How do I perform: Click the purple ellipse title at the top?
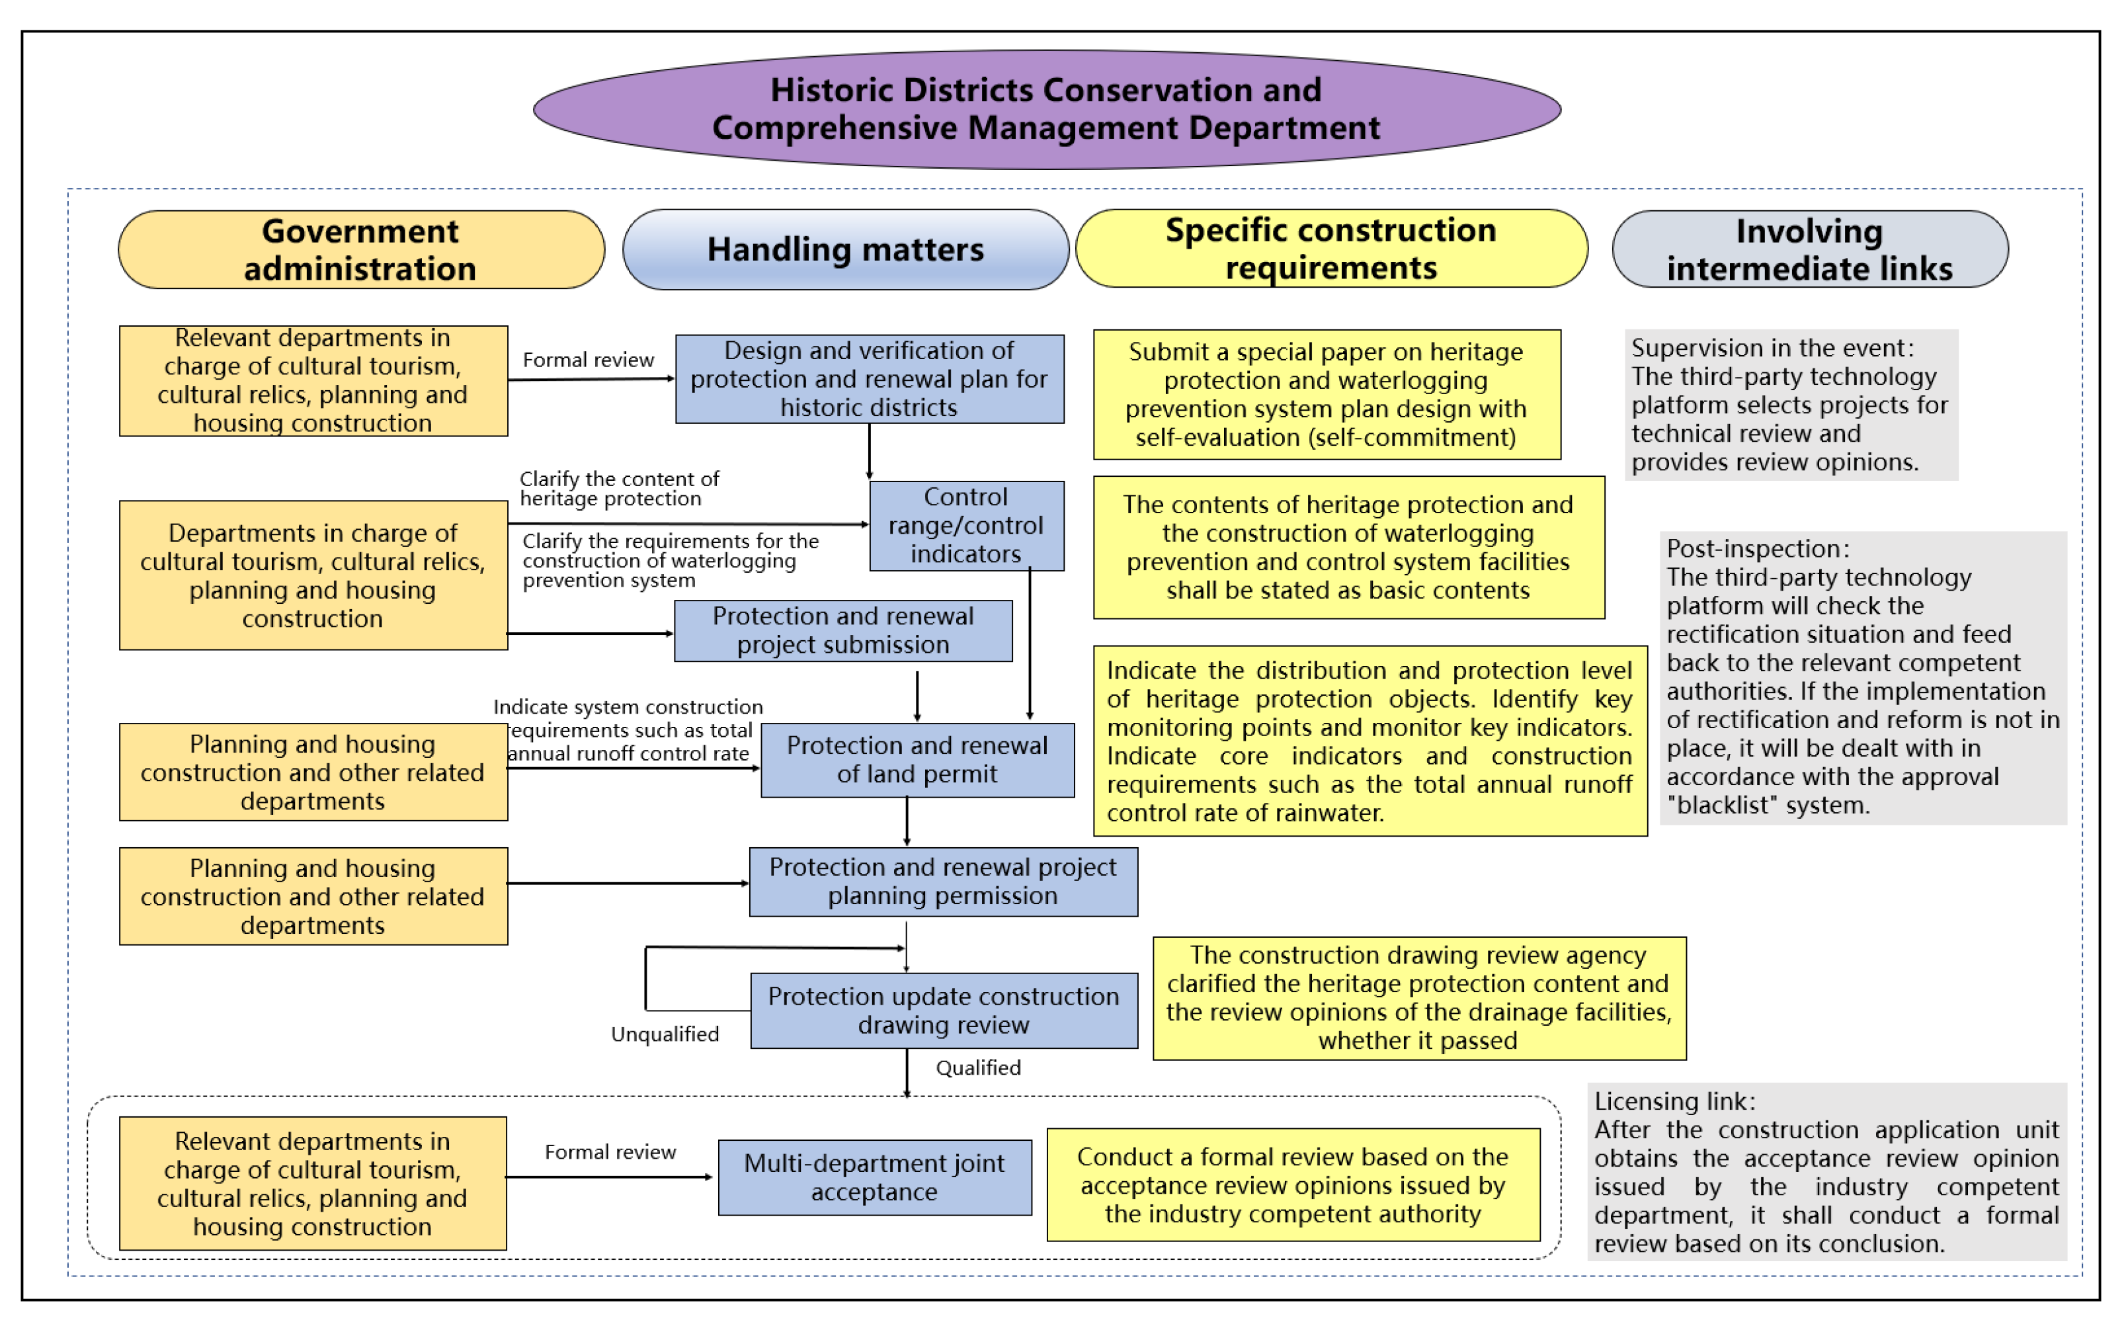(x=1046, y=109)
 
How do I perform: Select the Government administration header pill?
(x=361, y=249)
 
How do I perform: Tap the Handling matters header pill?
(x=845, y=249)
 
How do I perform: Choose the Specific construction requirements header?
(x=1330, y=249)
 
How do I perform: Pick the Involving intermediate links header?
(x=1809, y=249)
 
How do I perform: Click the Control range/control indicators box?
(x=966, y=525)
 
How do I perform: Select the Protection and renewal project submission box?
(x=842, y=631)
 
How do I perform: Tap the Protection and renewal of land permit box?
(x=917, y=760)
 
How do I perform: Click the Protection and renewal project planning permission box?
(x=942, y=881)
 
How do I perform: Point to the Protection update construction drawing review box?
(x=943, y=1010)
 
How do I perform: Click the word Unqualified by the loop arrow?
(x=665, y=1034)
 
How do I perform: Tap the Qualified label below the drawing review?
(x=977, y=1067)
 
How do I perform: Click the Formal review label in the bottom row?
(x=610, y=1151)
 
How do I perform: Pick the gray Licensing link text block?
(x=1826, y=1172)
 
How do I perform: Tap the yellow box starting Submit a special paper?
(x=1326, y=394)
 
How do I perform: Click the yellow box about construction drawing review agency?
(x=1418, y=998)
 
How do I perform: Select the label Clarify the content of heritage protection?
(x=618, y=488)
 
